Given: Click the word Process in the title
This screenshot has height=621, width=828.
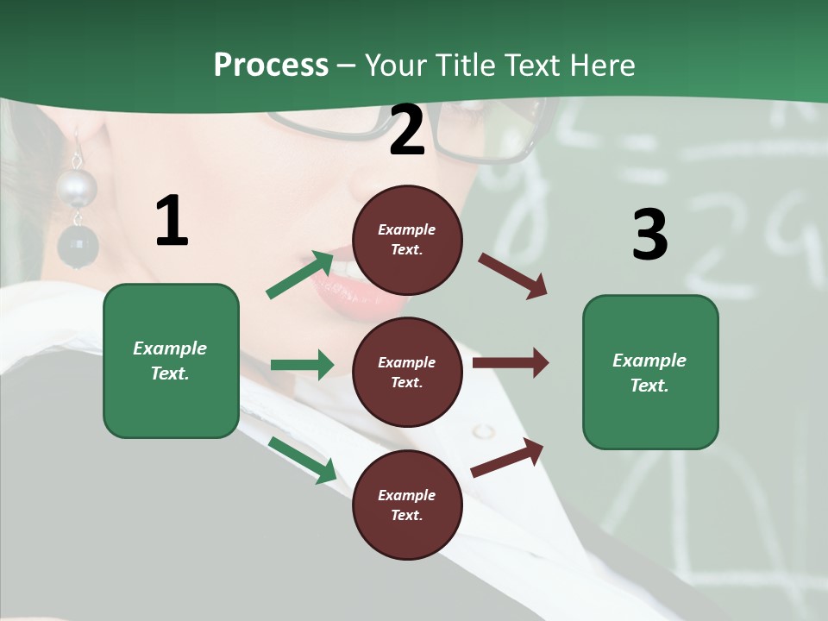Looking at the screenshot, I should (271, 65).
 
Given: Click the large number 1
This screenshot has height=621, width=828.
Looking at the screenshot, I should (172, 222).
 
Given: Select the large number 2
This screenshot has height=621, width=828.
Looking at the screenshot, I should (407, 130).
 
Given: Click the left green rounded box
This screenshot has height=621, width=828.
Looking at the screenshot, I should (171, 361).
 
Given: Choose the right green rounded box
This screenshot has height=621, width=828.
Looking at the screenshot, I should (650, 372).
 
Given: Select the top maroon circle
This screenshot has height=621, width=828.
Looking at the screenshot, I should (407, 240).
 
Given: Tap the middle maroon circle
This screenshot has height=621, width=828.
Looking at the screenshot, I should (407, 372).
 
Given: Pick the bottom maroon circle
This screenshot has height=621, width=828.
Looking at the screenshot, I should (407, 505).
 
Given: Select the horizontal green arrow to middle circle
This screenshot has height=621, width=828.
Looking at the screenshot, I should (302, 365).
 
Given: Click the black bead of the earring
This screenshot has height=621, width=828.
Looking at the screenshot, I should (78, 247).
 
